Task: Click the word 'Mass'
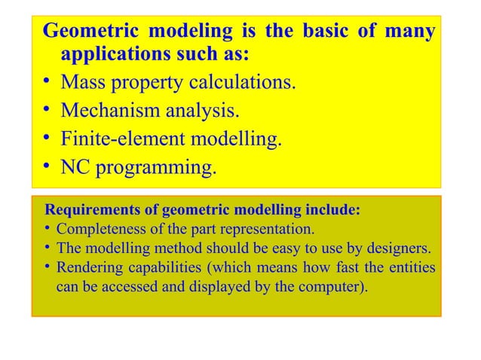coord(84,82)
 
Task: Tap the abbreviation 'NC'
coord(75,167)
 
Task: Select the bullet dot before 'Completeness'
coord(47,229)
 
